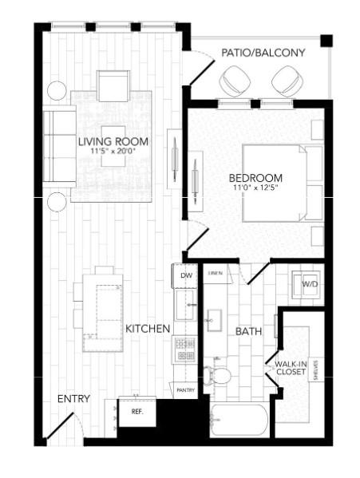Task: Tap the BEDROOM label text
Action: click(x=255, y=177)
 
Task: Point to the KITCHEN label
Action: click(x=147, y=328)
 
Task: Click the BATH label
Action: click(x=249, y=330)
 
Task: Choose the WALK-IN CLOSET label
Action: click(x=291, y=366)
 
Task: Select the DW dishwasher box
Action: click(x=186, y=276)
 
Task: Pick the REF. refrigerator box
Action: click(x=136, y=411)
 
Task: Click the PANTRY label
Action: click(x=185, y=390)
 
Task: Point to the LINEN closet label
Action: click(x=215, y=273)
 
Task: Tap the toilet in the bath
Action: click(x=218, y=373)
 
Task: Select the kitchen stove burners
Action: click(x=185, y=349)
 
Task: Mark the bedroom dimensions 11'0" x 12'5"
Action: click(x=255, y=188)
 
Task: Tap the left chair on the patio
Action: click(x=235, y=80)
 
